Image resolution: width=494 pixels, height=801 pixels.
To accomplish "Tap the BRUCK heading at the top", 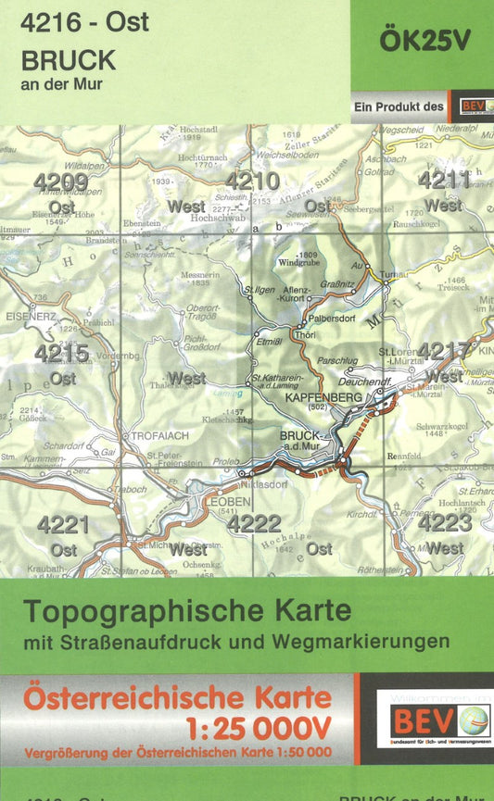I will (x=70, y=60).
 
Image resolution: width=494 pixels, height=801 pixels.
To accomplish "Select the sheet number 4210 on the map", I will (x=251, y=181).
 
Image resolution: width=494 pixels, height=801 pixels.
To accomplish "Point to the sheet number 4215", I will (x=62, y=353).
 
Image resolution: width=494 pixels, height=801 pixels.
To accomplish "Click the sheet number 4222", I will (x=254, y=524).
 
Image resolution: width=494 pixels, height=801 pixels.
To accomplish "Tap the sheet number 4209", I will (x=61, y=182).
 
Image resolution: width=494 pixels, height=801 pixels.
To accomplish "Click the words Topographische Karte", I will (x=187, y=611).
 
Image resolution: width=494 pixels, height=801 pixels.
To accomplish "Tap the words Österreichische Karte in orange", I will (x=176, y=696).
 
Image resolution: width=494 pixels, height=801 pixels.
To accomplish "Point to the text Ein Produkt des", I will (x=399, y=107).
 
